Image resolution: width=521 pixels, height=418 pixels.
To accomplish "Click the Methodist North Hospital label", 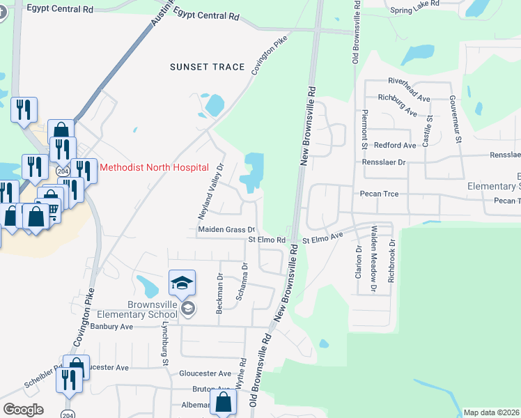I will (x=154, y=167).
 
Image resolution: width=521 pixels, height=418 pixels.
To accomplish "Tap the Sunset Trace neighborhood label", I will (x=208, y=67).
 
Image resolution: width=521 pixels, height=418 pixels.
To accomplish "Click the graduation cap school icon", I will (x=182, y=282).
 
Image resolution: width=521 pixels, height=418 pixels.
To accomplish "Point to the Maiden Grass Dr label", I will (x=227, y=229).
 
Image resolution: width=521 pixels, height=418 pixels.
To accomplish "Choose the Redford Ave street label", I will (x=394, y=145).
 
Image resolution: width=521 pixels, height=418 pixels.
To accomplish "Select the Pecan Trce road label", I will (x=379, y=194).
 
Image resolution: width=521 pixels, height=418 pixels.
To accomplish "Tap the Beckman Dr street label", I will (x=219, y=295).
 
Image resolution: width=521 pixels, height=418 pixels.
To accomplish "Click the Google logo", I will (x=23, y=409).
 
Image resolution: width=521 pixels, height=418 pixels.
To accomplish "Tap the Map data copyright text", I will (x=491, y=412).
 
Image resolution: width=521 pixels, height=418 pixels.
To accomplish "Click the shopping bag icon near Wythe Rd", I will (x=223, y=402).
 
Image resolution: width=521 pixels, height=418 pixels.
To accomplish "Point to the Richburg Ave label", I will (x=398, y=105).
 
